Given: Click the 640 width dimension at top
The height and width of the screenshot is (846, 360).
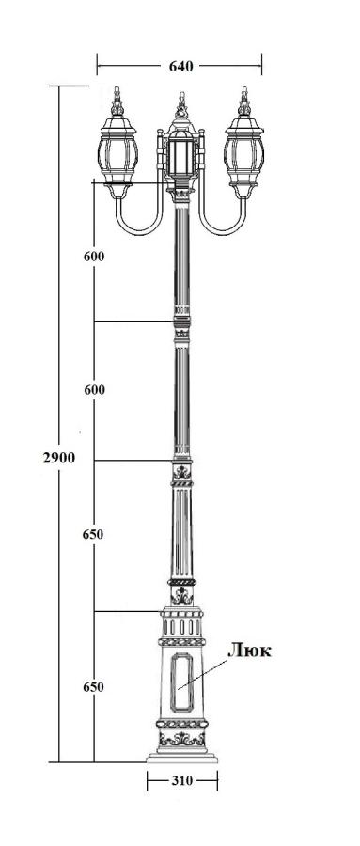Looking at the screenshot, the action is [180, 67].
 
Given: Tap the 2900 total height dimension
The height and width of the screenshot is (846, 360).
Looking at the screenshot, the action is [59, 458].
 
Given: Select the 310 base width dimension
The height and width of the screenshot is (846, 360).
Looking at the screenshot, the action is [182, 781].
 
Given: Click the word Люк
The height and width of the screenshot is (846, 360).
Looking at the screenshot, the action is [249, 650].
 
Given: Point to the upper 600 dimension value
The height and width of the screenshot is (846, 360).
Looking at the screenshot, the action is [94, 257].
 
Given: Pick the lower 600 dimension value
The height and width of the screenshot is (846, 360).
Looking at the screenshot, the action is [94, 389].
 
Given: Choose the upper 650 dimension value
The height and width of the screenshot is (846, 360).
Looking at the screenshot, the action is [93, 535].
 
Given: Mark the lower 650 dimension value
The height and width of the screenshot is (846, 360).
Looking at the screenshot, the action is [93, 687].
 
